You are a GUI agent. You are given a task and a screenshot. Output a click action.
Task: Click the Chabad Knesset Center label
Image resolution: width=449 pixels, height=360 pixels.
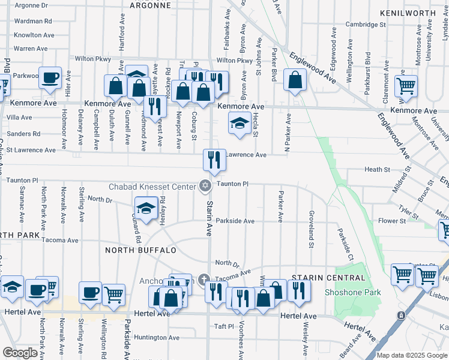coord(153,186)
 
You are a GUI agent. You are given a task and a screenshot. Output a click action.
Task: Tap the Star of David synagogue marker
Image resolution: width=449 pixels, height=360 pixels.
coord(205,185)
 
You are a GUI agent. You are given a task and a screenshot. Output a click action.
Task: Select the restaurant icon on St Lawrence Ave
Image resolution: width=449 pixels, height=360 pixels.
coord(214,160)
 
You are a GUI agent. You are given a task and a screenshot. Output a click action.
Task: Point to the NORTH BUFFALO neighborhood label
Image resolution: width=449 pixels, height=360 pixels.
coord(141,250)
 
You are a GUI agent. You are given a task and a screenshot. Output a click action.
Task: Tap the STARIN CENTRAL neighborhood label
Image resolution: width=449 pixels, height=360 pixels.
coord(328,278)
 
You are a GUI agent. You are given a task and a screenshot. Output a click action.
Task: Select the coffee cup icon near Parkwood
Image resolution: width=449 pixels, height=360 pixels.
coord(50,77)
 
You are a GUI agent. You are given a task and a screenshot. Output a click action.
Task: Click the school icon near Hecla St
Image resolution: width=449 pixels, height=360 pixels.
coord(240,124)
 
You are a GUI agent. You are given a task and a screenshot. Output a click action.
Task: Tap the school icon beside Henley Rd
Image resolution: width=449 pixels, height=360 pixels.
coord(146,208)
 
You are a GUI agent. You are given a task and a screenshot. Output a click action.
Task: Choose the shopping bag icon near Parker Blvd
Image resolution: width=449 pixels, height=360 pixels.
coord(295,80)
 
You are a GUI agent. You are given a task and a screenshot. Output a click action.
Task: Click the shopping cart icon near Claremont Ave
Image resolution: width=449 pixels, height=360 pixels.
coord(406,86)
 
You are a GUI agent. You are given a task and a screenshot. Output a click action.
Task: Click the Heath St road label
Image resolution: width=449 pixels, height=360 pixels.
coord(377,170)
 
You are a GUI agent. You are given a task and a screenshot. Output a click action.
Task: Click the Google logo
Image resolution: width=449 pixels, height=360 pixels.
coord(20,353)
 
